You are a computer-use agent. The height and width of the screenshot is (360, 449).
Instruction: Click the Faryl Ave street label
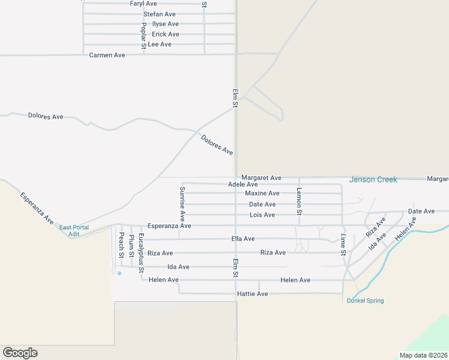tap(143, 4)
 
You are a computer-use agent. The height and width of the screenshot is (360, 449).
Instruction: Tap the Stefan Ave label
tap(159, 14)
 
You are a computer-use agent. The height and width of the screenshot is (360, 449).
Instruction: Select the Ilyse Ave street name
tap(165, 24)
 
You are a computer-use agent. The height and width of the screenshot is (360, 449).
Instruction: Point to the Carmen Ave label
tap(107, 55)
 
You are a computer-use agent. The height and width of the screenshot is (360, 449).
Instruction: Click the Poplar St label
tap(143, 35)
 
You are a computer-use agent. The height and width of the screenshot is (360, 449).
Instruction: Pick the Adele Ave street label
tap(243, 184)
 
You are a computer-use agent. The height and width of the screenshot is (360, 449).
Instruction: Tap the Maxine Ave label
tap(262, 193)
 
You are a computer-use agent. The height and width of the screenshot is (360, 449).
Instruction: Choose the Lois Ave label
tap(262, 215)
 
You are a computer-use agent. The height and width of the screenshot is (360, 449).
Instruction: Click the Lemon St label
tap(299, 202)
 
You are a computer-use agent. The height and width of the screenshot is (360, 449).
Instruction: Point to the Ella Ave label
tap(243, 239)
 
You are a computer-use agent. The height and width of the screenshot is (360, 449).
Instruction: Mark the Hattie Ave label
tap(252, 294)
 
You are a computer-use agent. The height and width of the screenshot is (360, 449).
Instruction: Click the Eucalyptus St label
tap(142, 254)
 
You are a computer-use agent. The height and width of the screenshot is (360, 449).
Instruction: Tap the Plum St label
tap(131, 247)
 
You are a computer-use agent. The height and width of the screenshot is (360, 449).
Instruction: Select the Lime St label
tap(343, 245)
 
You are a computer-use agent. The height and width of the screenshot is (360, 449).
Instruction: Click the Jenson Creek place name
tap(373, 179)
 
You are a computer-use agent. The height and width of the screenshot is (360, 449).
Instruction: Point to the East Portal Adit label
tap(74, 231)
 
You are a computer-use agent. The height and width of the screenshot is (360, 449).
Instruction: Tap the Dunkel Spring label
tap(365, 301)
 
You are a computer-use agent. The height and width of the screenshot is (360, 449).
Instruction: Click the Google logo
tap(20, 353)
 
